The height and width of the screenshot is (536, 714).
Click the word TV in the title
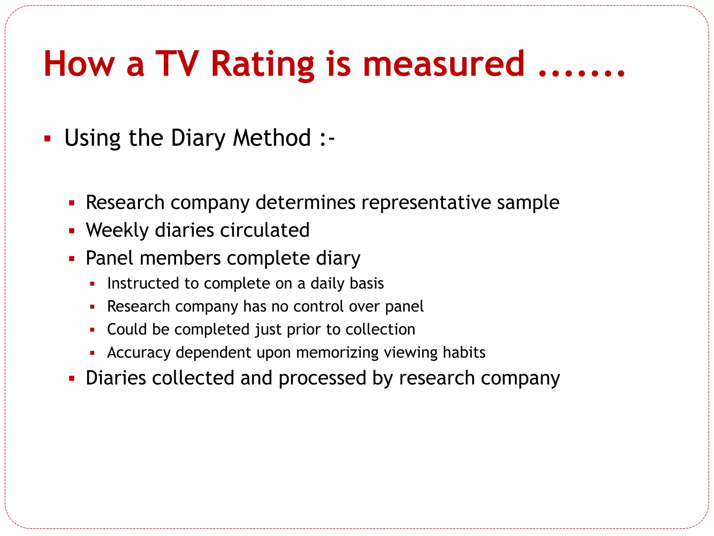pos(177,64)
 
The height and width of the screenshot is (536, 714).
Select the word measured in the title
pos(443,64)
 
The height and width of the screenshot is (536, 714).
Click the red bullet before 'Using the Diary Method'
pos(48,139)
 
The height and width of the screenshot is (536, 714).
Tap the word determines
pos(305,202)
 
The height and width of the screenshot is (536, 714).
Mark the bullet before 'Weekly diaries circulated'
pos(72,231)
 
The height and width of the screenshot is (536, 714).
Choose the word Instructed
pos(143,283)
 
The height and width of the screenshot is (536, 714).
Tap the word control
pos(318,306)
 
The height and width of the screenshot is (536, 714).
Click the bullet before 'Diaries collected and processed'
pos(72,379)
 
